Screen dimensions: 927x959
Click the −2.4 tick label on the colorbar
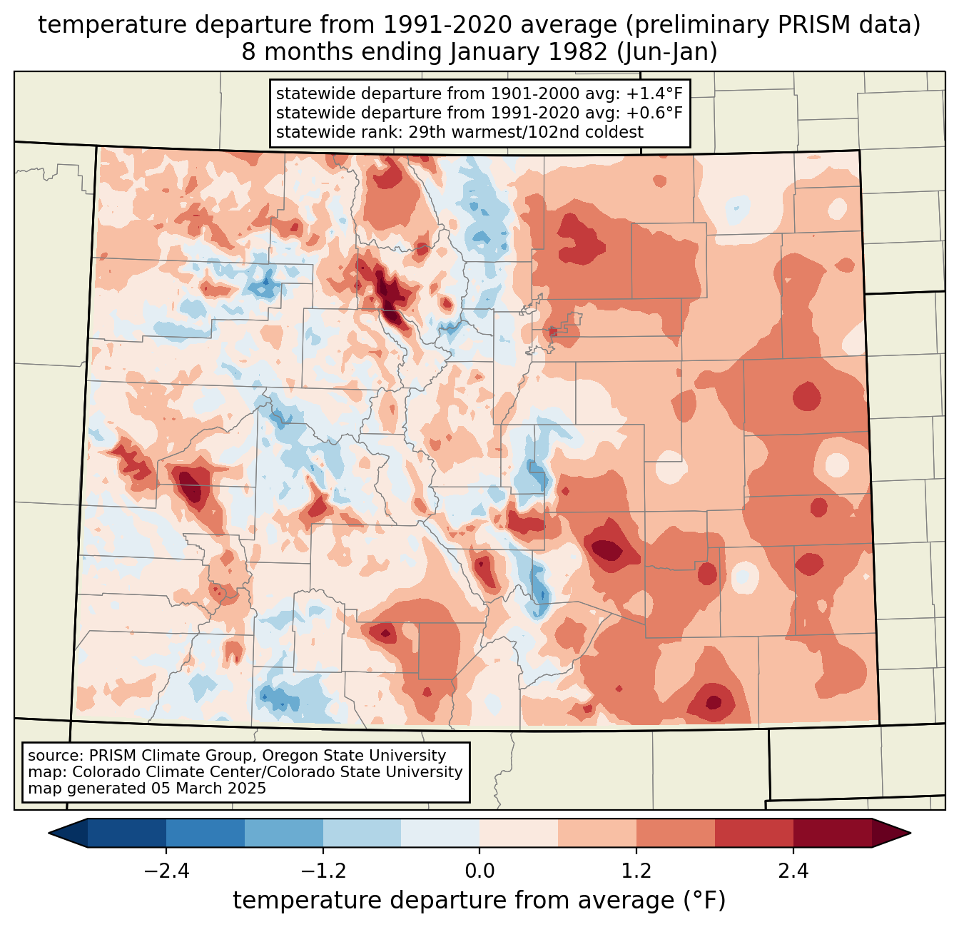[x=166, y=871]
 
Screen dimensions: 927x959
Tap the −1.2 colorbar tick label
[x=323, y=871]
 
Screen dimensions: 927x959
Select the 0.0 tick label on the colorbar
[x=479, y=871]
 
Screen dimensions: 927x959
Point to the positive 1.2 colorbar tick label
[x=636, y=871]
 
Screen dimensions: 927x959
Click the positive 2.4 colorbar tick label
[x=793, y=871]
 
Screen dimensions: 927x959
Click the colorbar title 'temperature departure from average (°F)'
[x=479, y=901]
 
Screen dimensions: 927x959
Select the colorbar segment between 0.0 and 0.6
[x=519, y=833]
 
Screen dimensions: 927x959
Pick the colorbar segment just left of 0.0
[x=440, y=833]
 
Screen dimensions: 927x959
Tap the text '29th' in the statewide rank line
[x=425, y=132]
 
